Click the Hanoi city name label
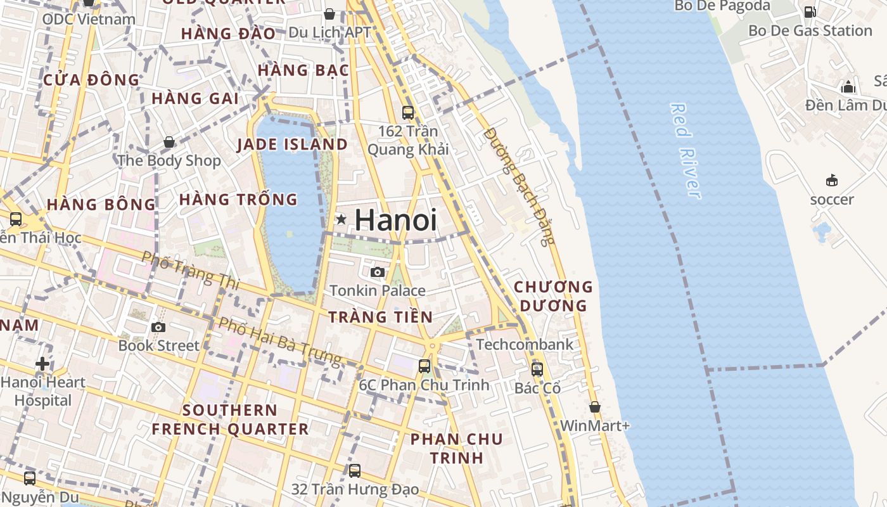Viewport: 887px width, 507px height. [395, 220]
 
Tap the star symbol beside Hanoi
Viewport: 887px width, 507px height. [341, 219]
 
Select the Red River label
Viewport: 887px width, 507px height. [686, 151]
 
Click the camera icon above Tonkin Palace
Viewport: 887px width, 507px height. [378, 272]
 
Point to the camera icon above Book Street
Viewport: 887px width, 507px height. [158, 327]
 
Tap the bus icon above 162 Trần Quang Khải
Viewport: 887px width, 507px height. [408, 113]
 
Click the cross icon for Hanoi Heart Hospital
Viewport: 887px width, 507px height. [42, 364]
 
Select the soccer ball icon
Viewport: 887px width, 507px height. [832, 181]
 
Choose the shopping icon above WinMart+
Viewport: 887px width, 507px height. [594, 406]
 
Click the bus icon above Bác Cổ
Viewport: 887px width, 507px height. [537, 369]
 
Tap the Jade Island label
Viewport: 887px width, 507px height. [292, 144]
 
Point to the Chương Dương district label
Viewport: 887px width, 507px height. [553, 296]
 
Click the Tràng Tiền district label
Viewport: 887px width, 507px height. [380, 317]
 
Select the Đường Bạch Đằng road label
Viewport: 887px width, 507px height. [519, 186]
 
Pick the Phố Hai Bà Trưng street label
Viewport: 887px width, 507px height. [279, 341]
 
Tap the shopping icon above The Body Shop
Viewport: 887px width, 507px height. [169, 142]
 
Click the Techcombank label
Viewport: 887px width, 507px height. [524, 345]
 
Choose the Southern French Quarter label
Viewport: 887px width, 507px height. [230, 420]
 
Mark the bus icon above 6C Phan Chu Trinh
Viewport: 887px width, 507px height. [424, 366]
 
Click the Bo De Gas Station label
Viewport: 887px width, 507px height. [810, 30]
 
